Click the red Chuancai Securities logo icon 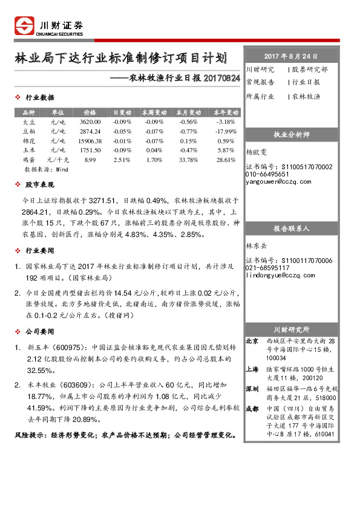point(25,27)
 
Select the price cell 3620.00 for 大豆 point(90,122)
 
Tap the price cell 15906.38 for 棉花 point(90,141)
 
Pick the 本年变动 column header point(225,112)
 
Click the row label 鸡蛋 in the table point(28,160)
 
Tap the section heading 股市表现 point(39,185)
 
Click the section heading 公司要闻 point(39,332)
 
